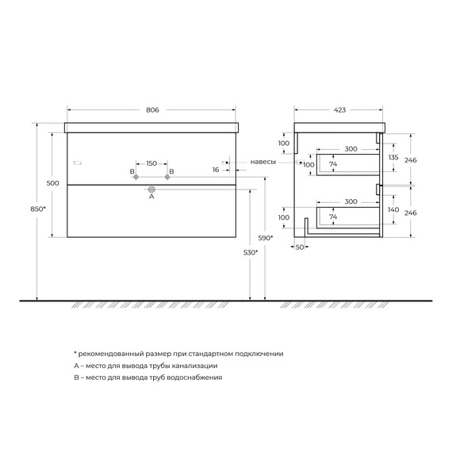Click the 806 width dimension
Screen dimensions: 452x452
click(152, 110)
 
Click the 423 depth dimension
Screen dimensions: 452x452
click(340, 110)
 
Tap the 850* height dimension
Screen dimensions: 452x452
click(38, 209)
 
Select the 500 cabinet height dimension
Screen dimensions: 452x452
click(53, 183)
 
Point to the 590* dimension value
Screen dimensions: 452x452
click(266, 238)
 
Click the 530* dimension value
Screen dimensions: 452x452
click(251, 252)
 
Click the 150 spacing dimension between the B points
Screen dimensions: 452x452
click(151, 163)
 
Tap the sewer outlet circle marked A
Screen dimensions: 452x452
click(151, 190)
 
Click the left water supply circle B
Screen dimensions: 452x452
click(136, 177)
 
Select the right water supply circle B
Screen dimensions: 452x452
click(167, 177)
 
